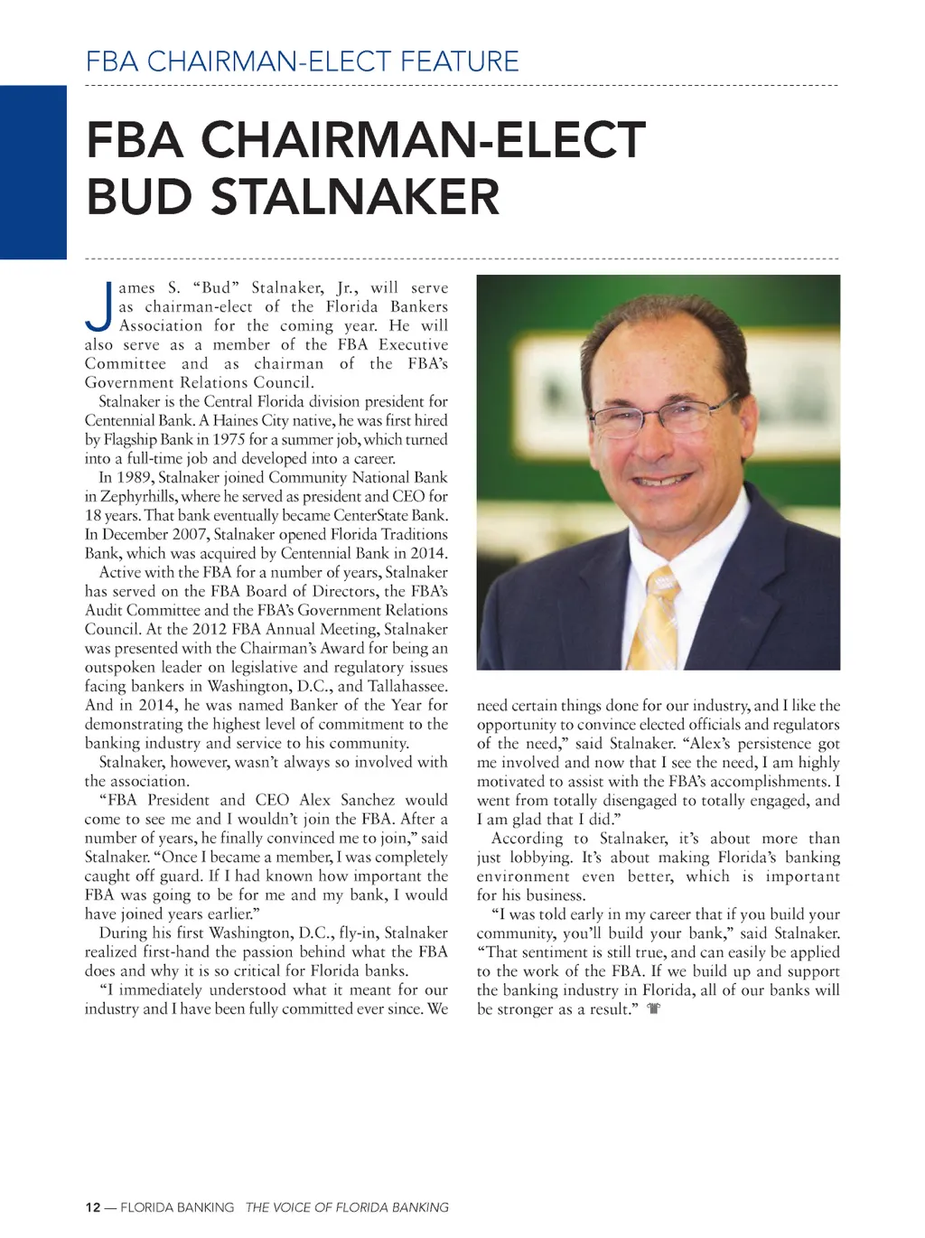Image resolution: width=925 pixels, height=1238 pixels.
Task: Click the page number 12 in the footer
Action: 92,1207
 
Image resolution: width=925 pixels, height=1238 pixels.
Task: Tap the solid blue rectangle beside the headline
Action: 33,172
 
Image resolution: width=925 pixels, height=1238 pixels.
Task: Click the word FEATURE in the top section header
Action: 460,61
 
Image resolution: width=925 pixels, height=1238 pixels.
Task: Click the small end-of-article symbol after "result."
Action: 654,1008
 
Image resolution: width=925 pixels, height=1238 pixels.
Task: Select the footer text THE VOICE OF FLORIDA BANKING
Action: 347,1207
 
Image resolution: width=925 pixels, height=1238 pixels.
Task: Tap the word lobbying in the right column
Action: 540,858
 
